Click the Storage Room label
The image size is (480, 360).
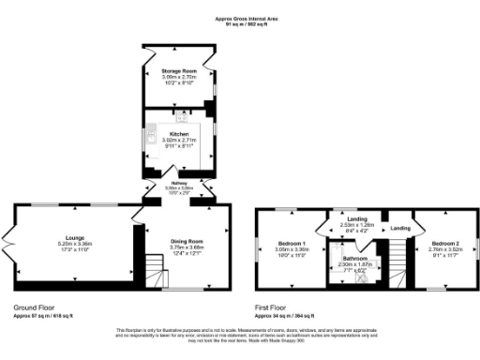177,70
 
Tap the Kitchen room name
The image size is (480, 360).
178,134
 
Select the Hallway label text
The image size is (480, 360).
178,183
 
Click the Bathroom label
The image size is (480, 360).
354,258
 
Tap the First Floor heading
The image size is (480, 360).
275,307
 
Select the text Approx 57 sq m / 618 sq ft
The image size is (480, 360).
47,315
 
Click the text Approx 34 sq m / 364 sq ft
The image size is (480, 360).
289,315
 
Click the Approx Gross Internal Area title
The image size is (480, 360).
240,17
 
